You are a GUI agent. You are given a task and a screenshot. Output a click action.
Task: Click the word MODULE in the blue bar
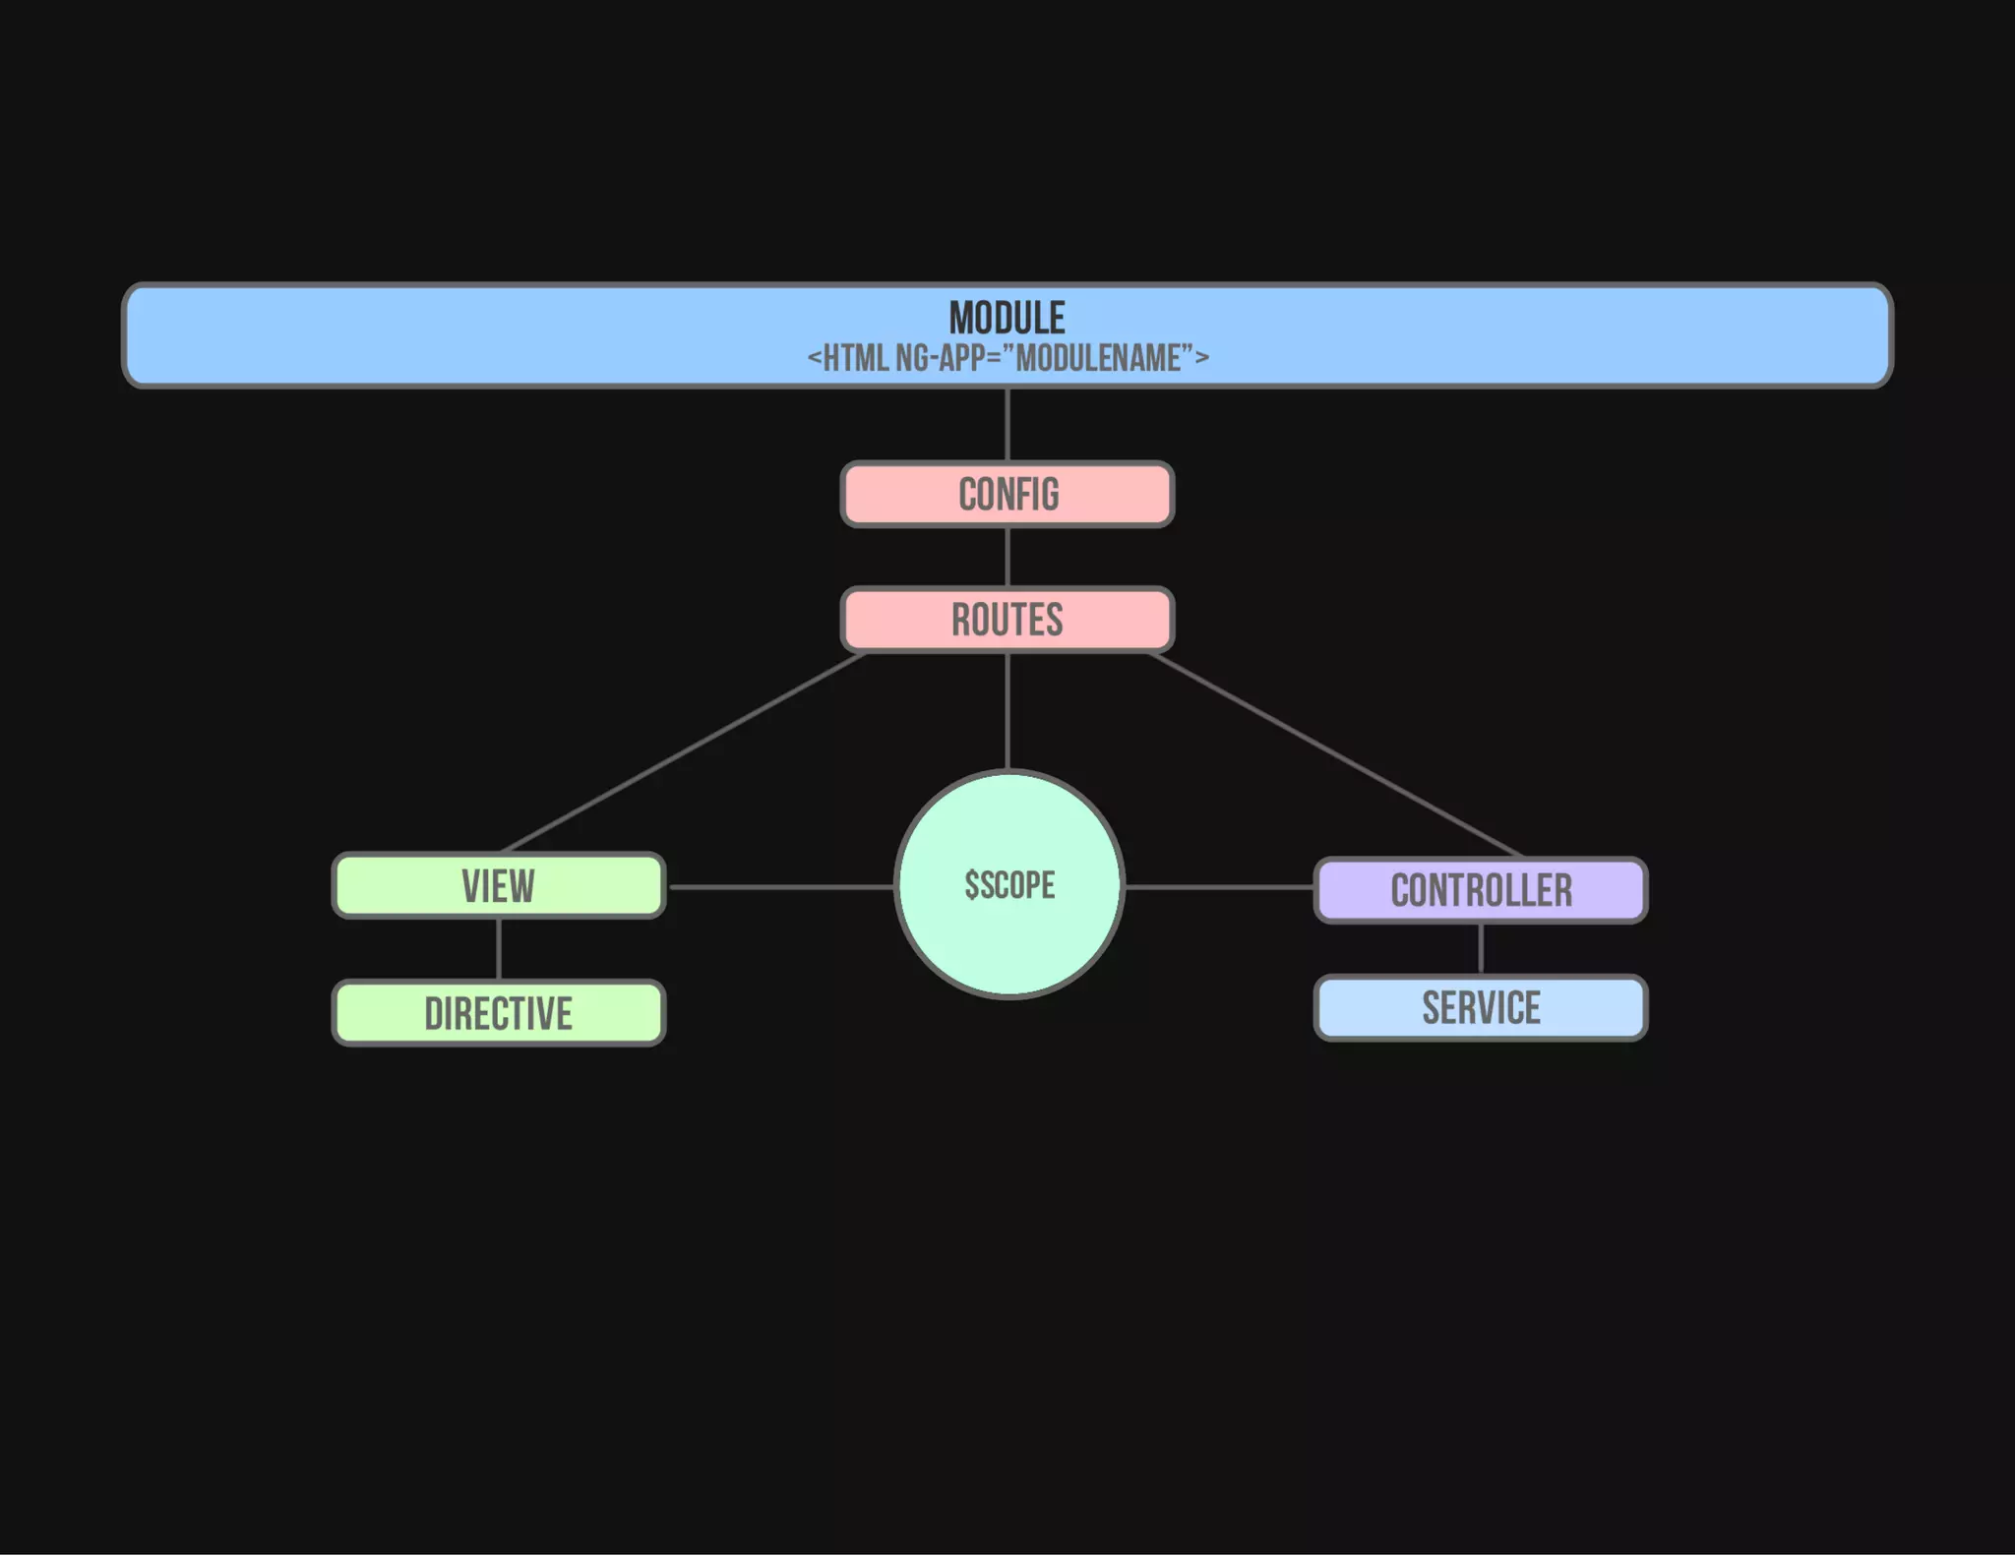coord(1007,318)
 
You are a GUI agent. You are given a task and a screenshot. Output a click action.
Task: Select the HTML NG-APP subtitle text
coord(1007,358)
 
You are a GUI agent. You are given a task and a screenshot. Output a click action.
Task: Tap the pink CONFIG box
coord(1007,495)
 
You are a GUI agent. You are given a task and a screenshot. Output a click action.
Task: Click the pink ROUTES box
coord(1007,620)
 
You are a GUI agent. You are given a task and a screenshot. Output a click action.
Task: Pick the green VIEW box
coord(499,886)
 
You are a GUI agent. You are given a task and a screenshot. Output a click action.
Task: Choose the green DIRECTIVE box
coord(499,1013)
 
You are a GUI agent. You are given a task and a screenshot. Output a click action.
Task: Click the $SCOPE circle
coord(1009,885)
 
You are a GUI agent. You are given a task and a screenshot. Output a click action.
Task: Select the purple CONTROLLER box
coord(1481,890)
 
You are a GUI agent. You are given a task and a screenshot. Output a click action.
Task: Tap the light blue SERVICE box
coord(1481,1008)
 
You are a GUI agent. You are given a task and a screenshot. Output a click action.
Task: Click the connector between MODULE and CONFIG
coord(1007,425)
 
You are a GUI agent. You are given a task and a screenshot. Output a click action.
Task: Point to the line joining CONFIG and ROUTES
coord(1007,558)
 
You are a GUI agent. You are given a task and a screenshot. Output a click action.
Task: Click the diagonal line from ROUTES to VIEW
coord(684,752)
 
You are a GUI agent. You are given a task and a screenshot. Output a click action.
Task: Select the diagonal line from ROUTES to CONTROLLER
coord(1334,754)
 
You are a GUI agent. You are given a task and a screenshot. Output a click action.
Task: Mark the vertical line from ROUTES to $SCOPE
coord(1007,710)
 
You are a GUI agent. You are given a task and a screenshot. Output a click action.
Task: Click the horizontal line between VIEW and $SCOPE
coord(780,886)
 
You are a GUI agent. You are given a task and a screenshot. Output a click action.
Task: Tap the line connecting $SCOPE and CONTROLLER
coord(1219,886)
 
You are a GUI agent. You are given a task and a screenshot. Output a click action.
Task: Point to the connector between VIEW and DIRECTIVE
coord(499,949)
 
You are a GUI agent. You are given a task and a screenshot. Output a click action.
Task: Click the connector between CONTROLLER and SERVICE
coord(1481,949)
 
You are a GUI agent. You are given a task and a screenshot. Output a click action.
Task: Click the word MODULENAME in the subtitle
coord(1098,358)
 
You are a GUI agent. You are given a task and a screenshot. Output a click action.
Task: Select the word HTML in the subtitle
coord(855,358)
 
